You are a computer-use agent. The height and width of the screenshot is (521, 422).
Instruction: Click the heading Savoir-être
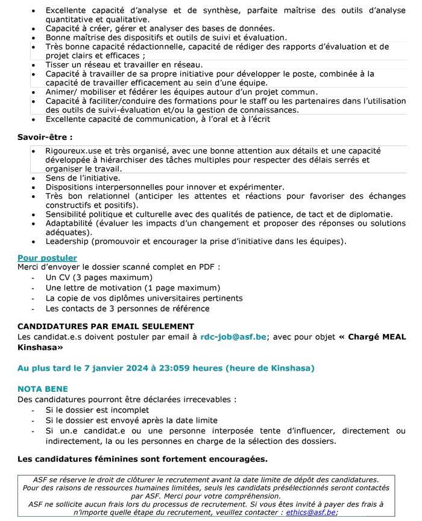(x=45, y=137)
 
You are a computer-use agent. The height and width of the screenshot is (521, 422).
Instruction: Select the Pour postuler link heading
(x=47, y=258)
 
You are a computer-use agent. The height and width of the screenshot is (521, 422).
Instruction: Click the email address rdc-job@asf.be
(x=233, y=337)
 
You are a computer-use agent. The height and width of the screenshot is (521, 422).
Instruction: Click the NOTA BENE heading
(x=43, y=389)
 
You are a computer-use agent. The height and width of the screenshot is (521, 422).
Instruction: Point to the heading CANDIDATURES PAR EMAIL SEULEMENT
(x=105, y=327)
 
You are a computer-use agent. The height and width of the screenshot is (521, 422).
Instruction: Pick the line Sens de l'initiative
(x=83, y=178)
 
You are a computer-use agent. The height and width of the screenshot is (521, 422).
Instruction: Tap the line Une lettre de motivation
(x=133, y=287)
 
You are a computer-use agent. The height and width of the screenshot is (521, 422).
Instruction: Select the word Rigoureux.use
(x=73, y=151)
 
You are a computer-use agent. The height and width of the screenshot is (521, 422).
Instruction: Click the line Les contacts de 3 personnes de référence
(x=127, y=308)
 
